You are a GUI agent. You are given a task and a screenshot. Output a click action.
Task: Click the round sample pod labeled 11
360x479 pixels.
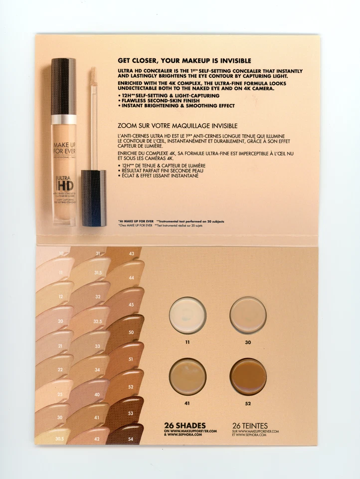187,315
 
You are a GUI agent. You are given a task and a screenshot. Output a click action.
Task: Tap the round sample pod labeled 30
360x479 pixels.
248,315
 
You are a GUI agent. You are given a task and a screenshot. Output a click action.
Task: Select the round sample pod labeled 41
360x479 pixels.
187,377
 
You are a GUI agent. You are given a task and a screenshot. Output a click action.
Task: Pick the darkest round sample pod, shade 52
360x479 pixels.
248,377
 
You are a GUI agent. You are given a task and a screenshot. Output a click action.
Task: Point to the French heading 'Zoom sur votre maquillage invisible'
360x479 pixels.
177,125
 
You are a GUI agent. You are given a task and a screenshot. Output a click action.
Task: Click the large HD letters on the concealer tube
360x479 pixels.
64,184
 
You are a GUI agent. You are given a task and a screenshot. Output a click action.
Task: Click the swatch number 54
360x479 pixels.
131,439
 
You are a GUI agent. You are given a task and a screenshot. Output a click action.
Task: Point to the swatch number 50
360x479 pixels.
131,332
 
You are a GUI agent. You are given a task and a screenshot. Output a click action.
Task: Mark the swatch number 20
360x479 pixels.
60,321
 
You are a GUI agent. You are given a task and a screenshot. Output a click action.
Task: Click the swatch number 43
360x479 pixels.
131,253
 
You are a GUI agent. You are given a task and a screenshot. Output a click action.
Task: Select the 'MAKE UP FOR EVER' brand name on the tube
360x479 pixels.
64,148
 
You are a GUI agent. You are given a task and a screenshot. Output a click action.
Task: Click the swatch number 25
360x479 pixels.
60,395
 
